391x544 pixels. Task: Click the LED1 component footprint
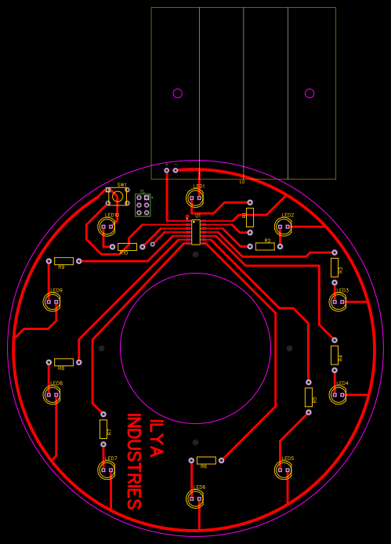(x=195, y=198)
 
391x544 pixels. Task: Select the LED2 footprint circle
(x=284, y=227)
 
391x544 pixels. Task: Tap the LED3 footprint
(x=339, y=302)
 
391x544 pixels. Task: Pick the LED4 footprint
(x=339, y=394)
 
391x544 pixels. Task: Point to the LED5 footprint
(x=284, y=470)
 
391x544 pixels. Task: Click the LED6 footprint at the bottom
(x=195, y=499)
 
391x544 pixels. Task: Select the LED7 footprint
(x=107, y=470)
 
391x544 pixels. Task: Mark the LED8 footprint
(x=52, y=394)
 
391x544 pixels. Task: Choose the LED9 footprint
(x=52, y=302)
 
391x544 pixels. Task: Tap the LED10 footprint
(x=107, y=227)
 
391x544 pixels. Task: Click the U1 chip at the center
(x=196, y=232)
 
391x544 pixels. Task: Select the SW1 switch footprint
(x=118, y=197)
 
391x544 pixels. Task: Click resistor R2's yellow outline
(x=265, y=246)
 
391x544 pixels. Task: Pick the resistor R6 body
(x=206, y=460)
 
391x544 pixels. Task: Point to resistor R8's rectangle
(x=63, y=362)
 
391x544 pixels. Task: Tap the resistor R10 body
(x=127, y=246)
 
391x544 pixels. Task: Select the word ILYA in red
(x=155, y=437)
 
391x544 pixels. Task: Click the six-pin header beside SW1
(x=143, y=205)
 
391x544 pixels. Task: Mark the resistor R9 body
(x=63, y=261)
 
